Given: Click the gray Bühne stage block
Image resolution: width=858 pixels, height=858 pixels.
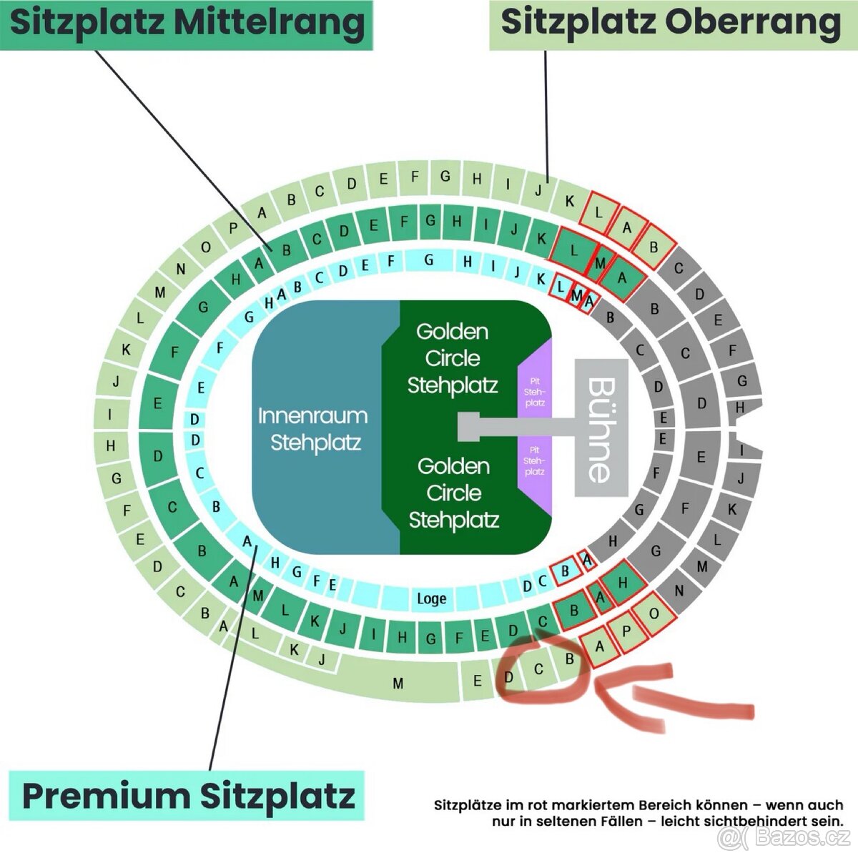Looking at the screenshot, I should [x=601, y=428].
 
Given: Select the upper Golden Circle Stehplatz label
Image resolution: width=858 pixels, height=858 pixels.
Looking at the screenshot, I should [x=453, y=358].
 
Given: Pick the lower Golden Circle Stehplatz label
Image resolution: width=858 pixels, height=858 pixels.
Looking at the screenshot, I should [x=453, y=493].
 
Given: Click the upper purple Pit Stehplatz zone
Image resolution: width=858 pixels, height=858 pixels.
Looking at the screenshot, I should [x=535, y=392].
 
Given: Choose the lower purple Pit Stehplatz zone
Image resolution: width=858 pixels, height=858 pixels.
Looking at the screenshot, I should [x=535, y=460].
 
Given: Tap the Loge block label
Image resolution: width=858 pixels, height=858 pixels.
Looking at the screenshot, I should [x=431, y=598].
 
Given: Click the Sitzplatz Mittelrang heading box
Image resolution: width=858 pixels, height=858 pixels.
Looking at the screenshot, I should [x=187, y=23].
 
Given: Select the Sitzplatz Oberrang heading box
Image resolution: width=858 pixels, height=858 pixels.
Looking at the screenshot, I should [x=671, y=23].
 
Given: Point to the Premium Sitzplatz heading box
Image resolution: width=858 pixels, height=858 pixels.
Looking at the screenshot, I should [x=187, y=795].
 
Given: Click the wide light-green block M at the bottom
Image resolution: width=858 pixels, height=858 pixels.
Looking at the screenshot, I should [x=398, y=684].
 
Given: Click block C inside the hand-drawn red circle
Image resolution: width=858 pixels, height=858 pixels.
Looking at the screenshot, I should [x=538, y=670].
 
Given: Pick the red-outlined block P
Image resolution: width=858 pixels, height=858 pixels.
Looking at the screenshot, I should [x=626, y=631].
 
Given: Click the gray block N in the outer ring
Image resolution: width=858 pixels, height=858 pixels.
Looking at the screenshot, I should [x=679, y=591].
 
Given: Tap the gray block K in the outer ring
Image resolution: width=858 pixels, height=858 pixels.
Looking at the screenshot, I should [x=731, y=510].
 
